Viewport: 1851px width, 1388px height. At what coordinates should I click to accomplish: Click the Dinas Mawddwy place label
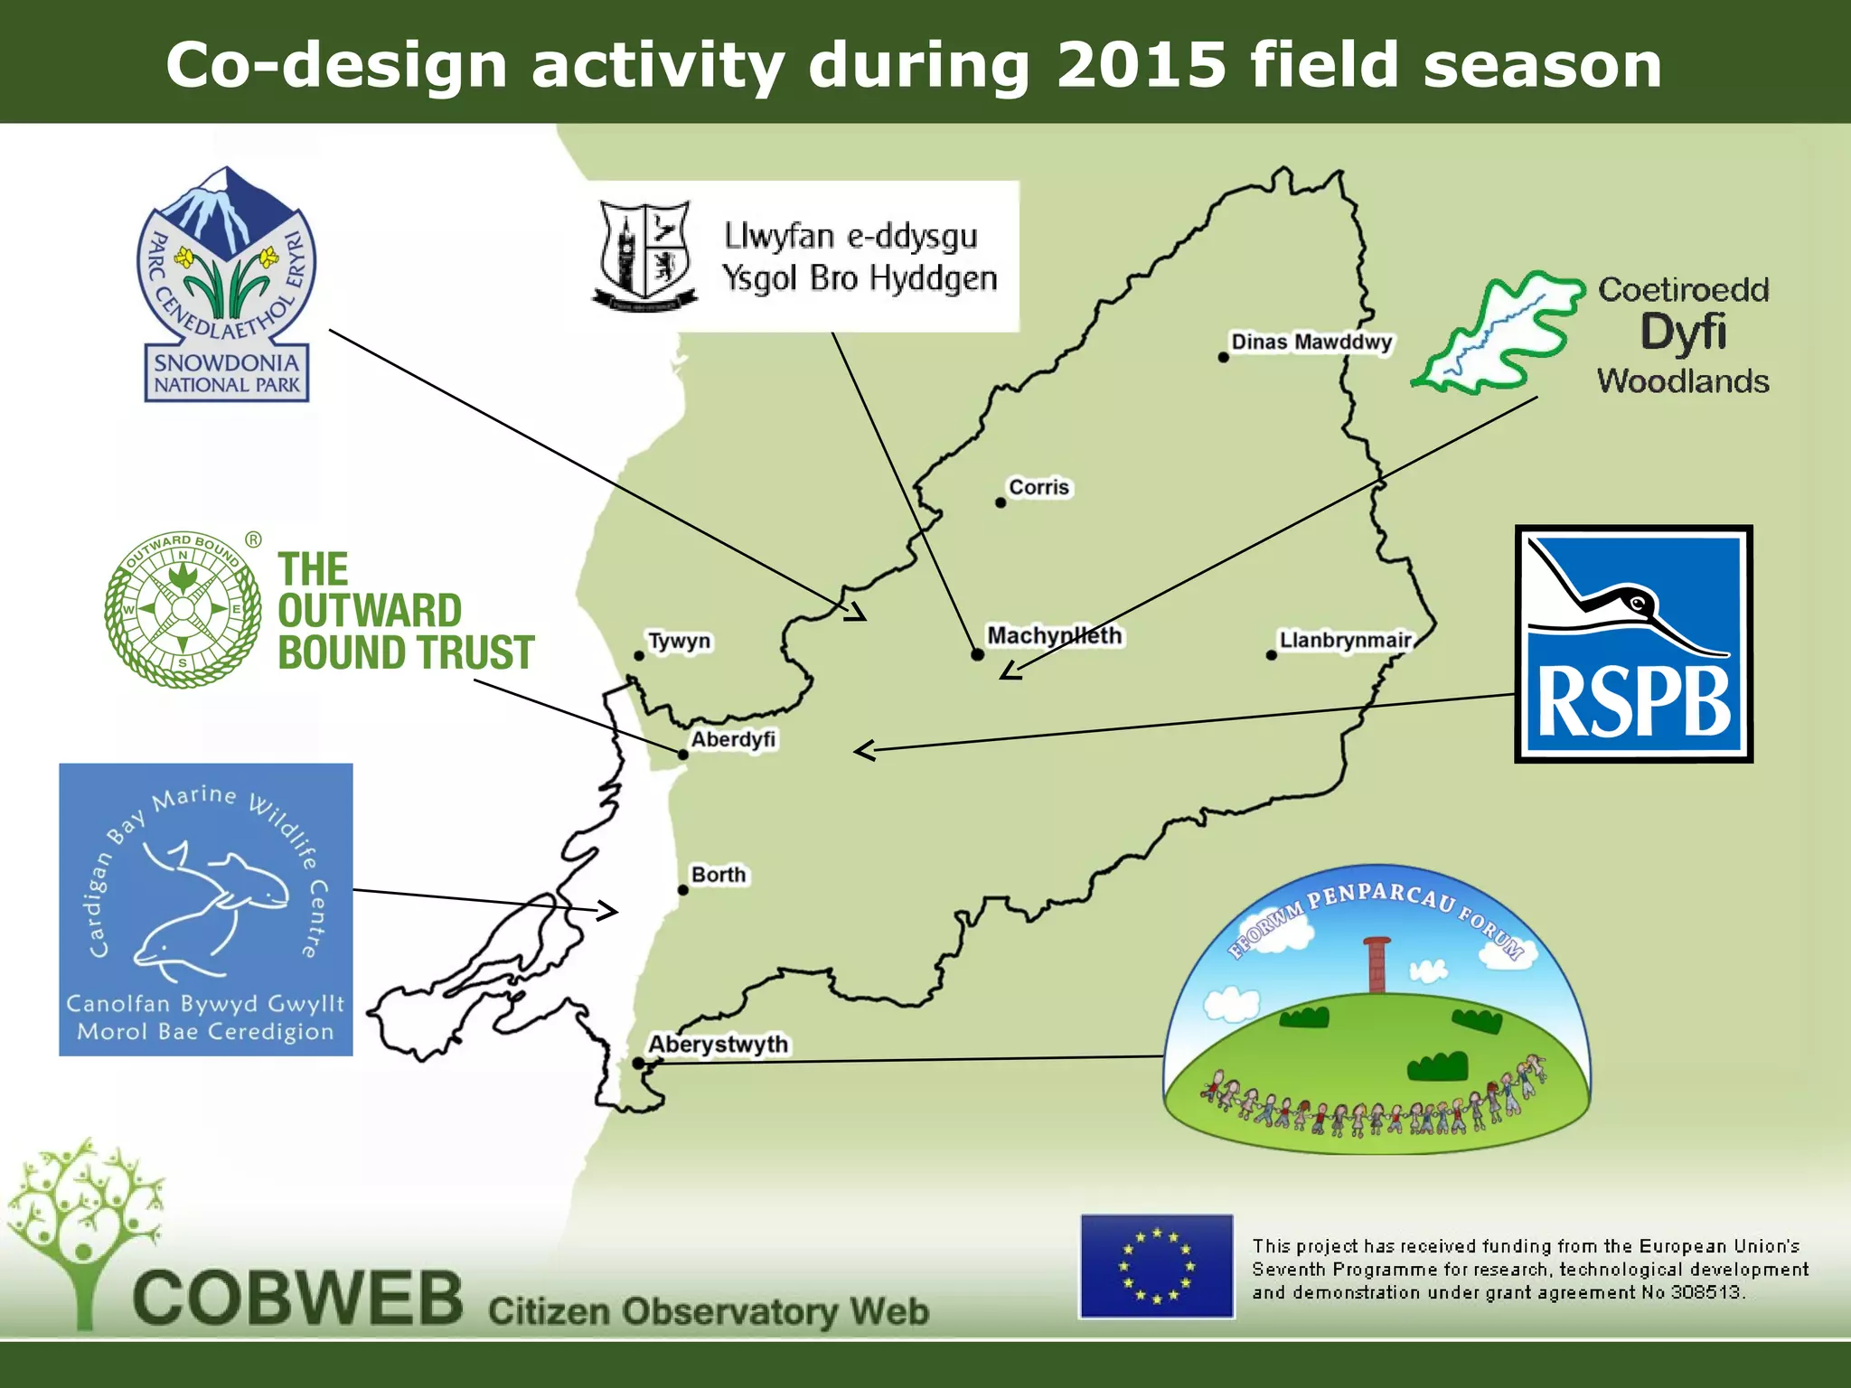point(1311,342)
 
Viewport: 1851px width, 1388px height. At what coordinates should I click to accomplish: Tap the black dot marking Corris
point(1001,502)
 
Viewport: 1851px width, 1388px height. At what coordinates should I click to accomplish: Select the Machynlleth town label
point(1054,635)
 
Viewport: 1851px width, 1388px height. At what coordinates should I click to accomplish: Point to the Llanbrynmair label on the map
point(1345,641)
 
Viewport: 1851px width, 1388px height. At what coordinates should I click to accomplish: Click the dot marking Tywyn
point(639,656)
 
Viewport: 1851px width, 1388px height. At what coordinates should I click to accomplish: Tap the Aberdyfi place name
point(733,739)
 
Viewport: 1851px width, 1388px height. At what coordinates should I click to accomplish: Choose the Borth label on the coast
point(719,875)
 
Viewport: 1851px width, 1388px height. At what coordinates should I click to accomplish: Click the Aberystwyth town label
point(718,1045)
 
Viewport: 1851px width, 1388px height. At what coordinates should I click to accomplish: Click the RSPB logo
point(1633,643)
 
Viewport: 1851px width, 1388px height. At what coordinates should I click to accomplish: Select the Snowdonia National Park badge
point(226,285)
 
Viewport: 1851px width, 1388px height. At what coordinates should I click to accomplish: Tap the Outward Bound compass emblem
point(183,609)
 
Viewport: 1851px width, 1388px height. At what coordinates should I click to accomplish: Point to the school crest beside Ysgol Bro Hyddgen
point(644,255)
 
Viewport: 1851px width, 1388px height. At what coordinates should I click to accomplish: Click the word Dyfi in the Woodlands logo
point(1682,333)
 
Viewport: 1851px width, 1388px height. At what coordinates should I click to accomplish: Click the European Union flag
point(1156,1266)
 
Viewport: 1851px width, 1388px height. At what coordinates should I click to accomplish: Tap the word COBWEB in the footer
point(297,1298)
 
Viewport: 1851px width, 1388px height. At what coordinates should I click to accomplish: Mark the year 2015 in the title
point(1141,65)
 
